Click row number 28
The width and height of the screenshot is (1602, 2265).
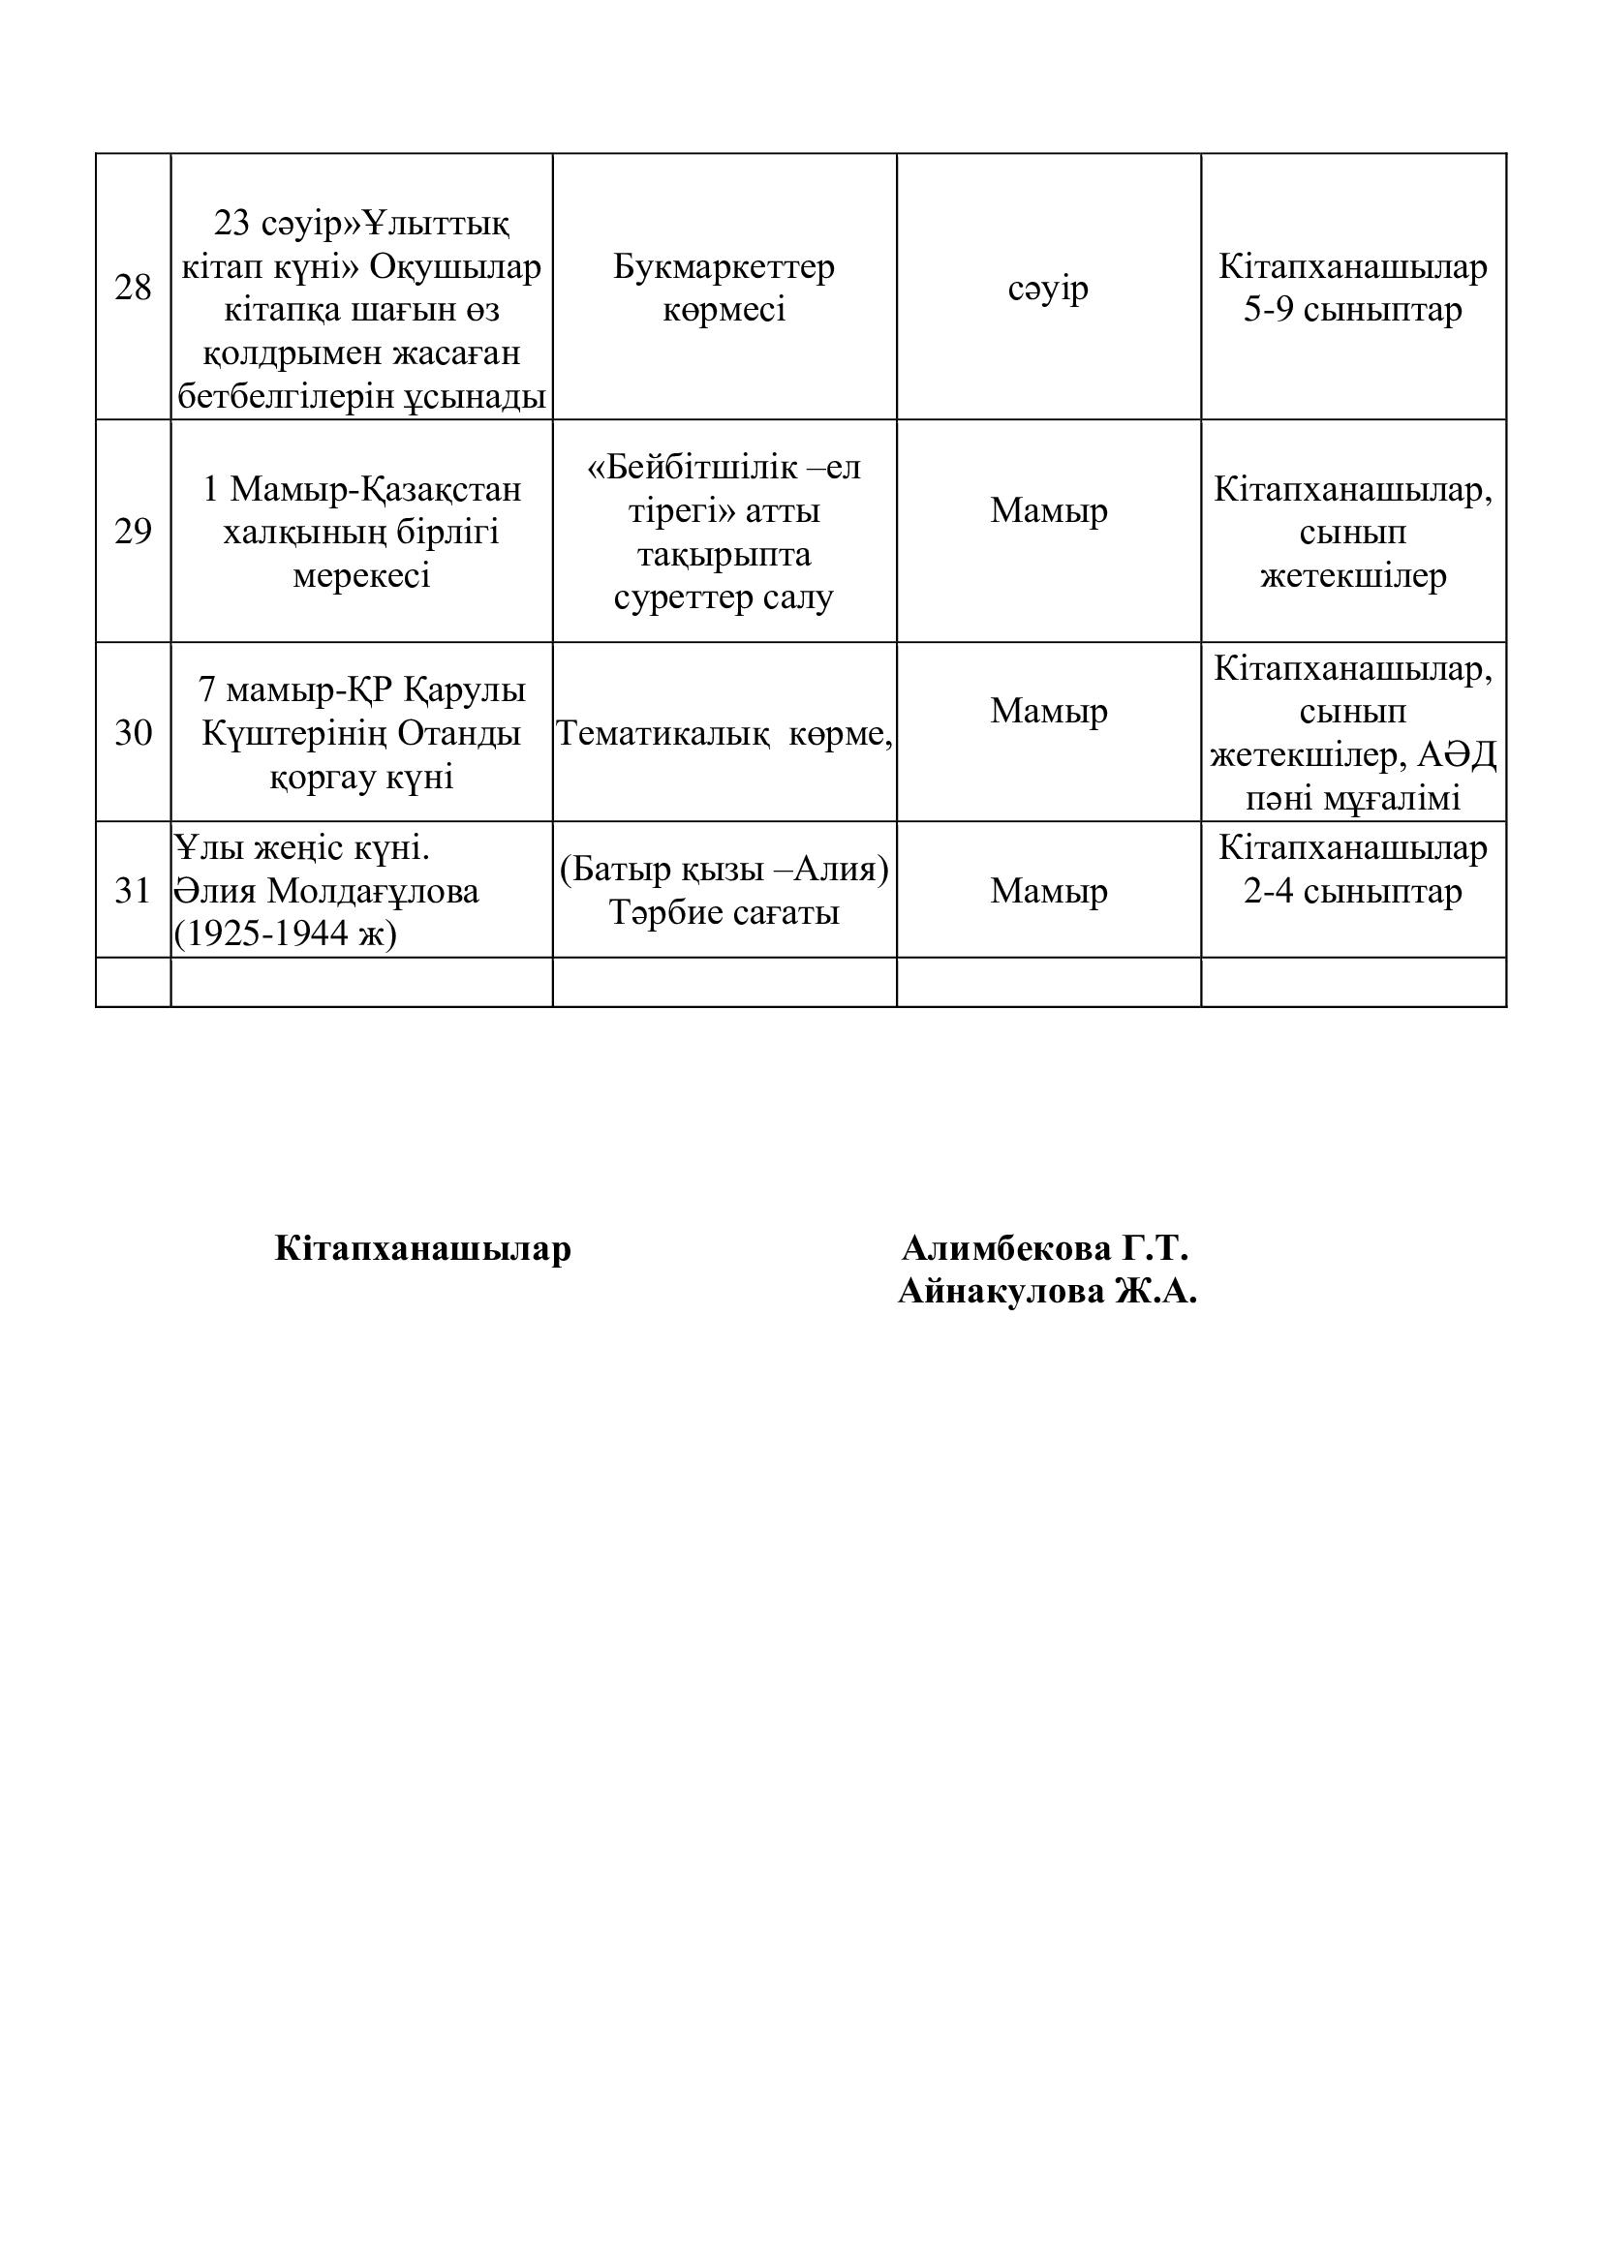[x=133, y=288]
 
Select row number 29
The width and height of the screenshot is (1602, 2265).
[x=133, y=532]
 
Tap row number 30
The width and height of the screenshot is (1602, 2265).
[x=133, y=733]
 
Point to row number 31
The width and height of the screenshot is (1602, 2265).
[x=133, y=891]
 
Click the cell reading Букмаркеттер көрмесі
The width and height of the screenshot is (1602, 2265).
[x=724, y=288]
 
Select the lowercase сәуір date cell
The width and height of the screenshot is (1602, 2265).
[x=1048, y=288]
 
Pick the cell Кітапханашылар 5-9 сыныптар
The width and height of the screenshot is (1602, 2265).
[x=1352, y=288]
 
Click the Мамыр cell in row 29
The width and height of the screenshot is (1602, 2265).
[x=1048, y=511]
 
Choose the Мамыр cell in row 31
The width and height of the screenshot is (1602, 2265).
[x=1048, y=891]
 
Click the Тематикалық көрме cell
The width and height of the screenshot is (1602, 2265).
[x=724, y=733]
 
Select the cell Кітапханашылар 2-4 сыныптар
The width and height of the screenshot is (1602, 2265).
[x=1352, y=871]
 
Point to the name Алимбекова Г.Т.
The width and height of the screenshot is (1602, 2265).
[x=1045, y=1249]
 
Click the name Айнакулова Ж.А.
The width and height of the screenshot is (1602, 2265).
[x=1047, y=1292]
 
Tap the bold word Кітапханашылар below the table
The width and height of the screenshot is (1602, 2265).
[x=422, y=1249]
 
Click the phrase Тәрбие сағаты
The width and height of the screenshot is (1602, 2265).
[x=724, y=913]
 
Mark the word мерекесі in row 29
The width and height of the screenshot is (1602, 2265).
[x=361, y=575]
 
